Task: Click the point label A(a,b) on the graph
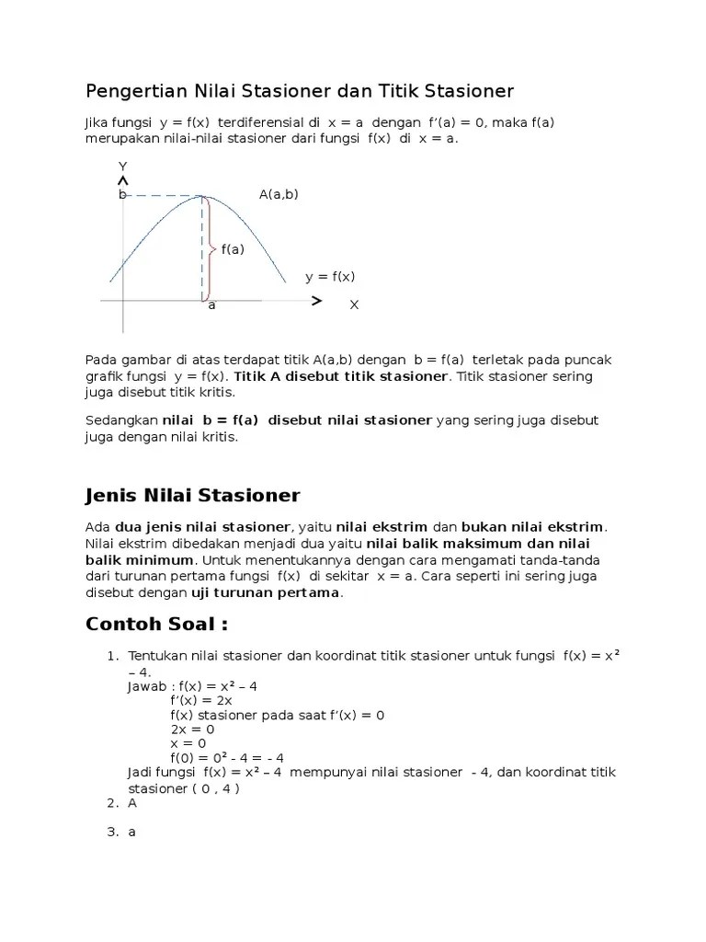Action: [x=279, y=194]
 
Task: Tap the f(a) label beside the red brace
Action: [x=232, y=248]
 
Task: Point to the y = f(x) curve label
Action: [x=330, y=276]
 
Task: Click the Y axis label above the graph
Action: [x=122, y=166]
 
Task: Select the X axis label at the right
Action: [x=354, y=304]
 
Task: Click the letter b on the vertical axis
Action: [x=120, y=195]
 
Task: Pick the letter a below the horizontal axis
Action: [x=211, y=304]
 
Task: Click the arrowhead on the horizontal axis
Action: [x=316, y=301]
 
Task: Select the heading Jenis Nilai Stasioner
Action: [x=192, y=496]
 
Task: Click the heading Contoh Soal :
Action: [x=156, y=624]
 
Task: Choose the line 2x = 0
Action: [x=190, y=729]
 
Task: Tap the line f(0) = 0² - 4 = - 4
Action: [x=227, y=758]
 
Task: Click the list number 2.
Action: [x=112, y=803]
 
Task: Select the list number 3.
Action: [x=112, y=833]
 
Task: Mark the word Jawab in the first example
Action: [x=147, y=685]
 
